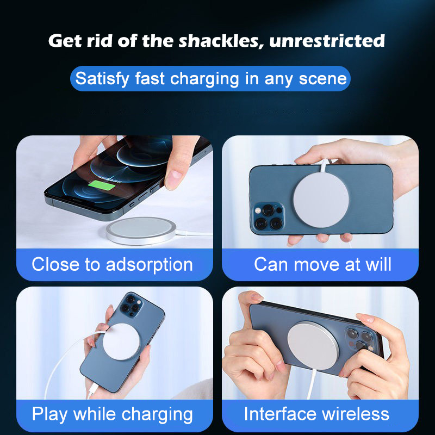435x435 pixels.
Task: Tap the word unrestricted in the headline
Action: (327, 41)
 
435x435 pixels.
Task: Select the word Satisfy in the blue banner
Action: (102, 79)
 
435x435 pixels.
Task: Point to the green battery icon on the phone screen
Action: (102, 185)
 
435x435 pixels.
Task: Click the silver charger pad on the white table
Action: (141, 231)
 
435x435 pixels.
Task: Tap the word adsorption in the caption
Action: (149, 265)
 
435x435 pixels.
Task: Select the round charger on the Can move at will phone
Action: (321, 200)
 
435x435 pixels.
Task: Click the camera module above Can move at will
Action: (268, 217)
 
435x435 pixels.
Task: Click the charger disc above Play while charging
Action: (121, 341)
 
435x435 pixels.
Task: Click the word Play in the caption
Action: (49, 415)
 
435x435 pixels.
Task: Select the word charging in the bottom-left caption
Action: (157, 415)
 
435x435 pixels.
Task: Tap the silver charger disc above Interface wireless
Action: (313, 345)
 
